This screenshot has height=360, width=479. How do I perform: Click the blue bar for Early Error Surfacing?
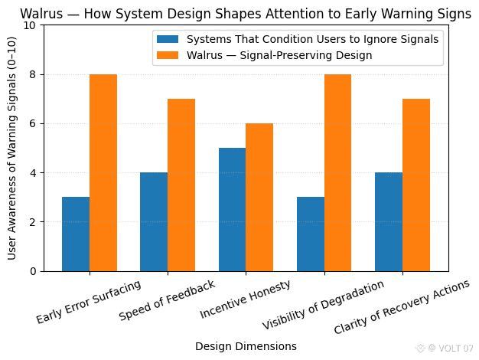76,234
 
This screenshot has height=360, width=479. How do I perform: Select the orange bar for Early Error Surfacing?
103,172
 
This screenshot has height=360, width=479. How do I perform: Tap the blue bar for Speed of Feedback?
154,221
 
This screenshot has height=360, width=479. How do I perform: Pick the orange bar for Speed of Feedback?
181,185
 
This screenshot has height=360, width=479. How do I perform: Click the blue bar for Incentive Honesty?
232,209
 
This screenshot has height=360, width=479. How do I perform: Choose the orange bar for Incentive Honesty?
259,197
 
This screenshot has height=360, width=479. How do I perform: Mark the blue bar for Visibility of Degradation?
310,234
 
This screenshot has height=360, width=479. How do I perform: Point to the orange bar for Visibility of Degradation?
337,172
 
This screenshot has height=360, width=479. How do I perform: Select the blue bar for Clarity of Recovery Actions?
388,221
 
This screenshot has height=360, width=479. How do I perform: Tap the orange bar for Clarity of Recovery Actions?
415,185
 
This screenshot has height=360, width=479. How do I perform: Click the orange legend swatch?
168,55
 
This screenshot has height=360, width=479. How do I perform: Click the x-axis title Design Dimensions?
246,346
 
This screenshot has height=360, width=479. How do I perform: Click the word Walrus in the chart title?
39,13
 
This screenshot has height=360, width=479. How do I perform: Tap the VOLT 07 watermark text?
456,348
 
